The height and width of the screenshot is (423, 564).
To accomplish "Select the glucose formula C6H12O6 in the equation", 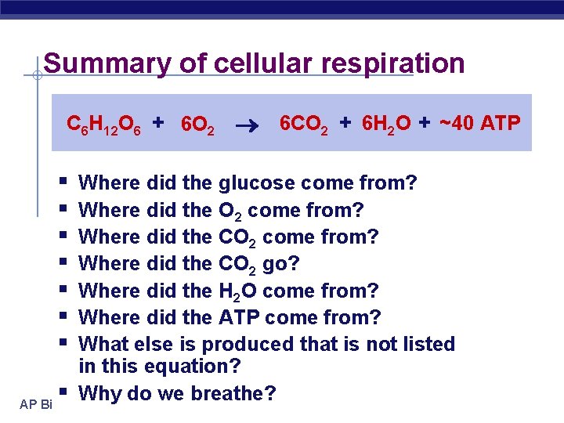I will point(103,124).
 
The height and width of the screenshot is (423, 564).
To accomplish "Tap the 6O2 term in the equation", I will point(197,125).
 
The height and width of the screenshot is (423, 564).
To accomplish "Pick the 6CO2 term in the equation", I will point(304,123).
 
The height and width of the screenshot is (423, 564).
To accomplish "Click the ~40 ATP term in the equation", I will point(479,123).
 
